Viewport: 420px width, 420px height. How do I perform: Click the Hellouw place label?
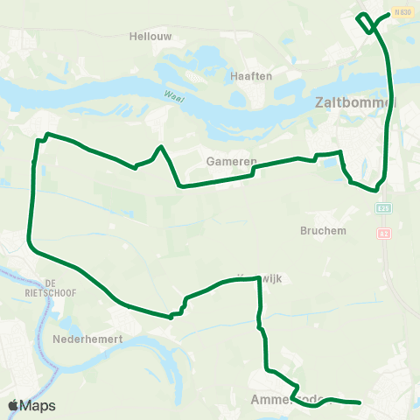[150, 36]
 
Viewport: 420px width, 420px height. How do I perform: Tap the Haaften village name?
[251, 76]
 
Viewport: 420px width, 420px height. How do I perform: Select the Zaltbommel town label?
[353, 103]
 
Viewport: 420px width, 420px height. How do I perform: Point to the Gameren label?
[231, 162]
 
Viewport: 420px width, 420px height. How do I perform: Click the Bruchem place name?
[324, 231]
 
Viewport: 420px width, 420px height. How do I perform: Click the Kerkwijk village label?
[250, 278]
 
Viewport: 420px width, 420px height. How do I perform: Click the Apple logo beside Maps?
[13, 405]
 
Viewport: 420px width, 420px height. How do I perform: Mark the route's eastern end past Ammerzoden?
[360, 402]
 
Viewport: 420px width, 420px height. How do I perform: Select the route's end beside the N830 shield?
[388, 14]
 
